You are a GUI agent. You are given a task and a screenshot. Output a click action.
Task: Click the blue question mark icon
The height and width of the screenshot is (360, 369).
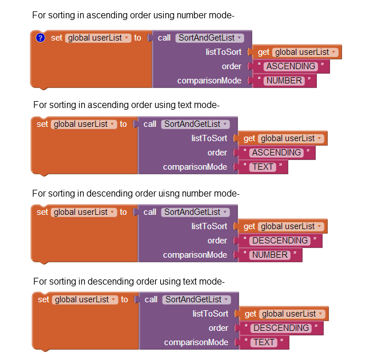click(x=40, y=38)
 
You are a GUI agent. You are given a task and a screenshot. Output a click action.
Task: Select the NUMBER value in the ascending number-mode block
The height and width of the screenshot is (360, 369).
click(x=284, y=81)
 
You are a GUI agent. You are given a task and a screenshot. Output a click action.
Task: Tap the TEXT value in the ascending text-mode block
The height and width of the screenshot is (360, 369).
click(x=263, y=167)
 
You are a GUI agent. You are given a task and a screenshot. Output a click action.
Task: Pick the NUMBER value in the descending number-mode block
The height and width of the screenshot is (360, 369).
click(x=270, y=255)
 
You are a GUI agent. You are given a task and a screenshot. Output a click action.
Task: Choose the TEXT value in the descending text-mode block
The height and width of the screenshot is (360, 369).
click(x=264, y=342)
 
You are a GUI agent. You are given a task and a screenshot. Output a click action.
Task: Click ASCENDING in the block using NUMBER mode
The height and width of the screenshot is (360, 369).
click(x=291, y=66)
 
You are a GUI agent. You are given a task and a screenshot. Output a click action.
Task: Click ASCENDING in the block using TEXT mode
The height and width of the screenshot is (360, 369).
click(x=277, y=153)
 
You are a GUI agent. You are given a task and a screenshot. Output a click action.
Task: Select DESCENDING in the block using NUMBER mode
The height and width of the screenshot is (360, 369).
click(x=280, y=241)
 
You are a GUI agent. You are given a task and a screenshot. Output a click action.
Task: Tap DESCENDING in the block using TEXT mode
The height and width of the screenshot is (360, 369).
click(x=281, y=328)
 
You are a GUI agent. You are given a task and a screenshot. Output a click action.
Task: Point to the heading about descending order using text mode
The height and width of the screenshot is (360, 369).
click(x=129, y=281)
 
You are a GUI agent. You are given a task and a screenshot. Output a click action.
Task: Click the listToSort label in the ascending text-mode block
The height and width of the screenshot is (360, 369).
click(x=209, y=138)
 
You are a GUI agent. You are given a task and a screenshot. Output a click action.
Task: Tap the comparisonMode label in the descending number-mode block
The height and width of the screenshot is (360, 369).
click(x=195, y=255)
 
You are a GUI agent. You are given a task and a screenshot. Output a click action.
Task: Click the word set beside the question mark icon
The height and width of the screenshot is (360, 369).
click(x=56, y=38)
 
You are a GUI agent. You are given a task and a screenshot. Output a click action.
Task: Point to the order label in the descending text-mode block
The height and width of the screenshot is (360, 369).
click(x=219, y=328)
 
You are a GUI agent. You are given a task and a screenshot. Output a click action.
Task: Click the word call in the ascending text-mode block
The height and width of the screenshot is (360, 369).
click(x=150, y=124)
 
